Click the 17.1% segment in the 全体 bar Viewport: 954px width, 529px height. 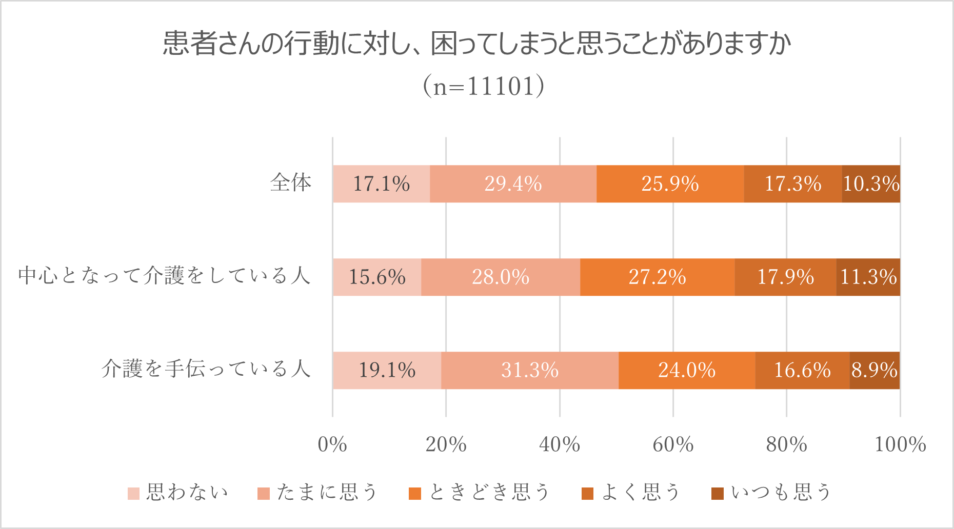click(381, 184)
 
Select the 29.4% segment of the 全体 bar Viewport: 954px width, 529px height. click(513, 184)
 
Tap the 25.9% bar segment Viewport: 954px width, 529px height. click(670, 184)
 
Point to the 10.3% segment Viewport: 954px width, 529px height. click(871, 184)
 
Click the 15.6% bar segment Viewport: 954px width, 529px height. click(377, 277)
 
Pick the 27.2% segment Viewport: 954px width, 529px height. click(657, 277)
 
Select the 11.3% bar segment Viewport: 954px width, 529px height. click(868, 277)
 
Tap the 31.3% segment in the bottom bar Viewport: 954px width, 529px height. click(529, 371)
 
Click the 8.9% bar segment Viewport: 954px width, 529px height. click(874, 371)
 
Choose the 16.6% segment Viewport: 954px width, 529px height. click(802, 371)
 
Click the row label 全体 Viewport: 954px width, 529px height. click(291, 183)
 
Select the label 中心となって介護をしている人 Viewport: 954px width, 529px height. click(165, 276)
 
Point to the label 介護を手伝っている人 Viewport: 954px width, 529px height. click(206, 370)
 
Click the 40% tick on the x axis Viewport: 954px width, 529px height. click(560, 444)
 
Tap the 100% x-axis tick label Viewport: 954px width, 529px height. click(900, 444)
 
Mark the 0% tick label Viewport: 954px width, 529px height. click(332, 444)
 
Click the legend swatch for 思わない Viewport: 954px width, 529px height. click(133, 494)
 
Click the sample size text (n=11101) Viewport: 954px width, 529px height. click(483, 86)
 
